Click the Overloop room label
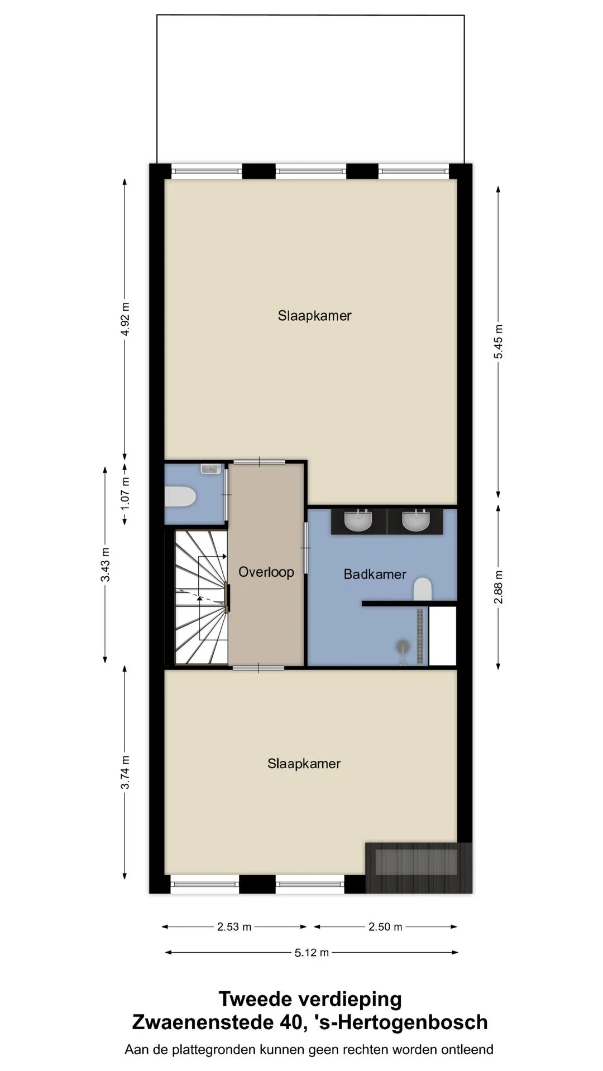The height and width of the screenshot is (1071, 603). point(266,572)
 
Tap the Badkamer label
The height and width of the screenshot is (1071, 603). point(375,574)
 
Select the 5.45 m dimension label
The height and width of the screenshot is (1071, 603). point(499,341)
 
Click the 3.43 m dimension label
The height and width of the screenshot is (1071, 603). point(105,565)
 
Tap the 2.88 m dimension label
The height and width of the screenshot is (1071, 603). point(499,586)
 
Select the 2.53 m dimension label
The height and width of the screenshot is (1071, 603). point(234,927)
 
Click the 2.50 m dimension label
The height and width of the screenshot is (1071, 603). point(385,927)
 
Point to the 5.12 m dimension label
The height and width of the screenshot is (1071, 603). point(312,953)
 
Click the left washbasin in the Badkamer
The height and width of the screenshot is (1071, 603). point(358,521)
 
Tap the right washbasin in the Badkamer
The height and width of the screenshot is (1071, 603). point(416,521)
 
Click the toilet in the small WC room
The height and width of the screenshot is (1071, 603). point(180,496)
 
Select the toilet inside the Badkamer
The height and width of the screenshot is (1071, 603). point(423,589)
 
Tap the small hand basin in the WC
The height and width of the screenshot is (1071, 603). point(210,469)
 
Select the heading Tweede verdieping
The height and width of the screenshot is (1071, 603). point(310,998)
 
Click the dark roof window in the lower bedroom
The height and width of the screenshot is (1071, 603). point(418,862)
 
